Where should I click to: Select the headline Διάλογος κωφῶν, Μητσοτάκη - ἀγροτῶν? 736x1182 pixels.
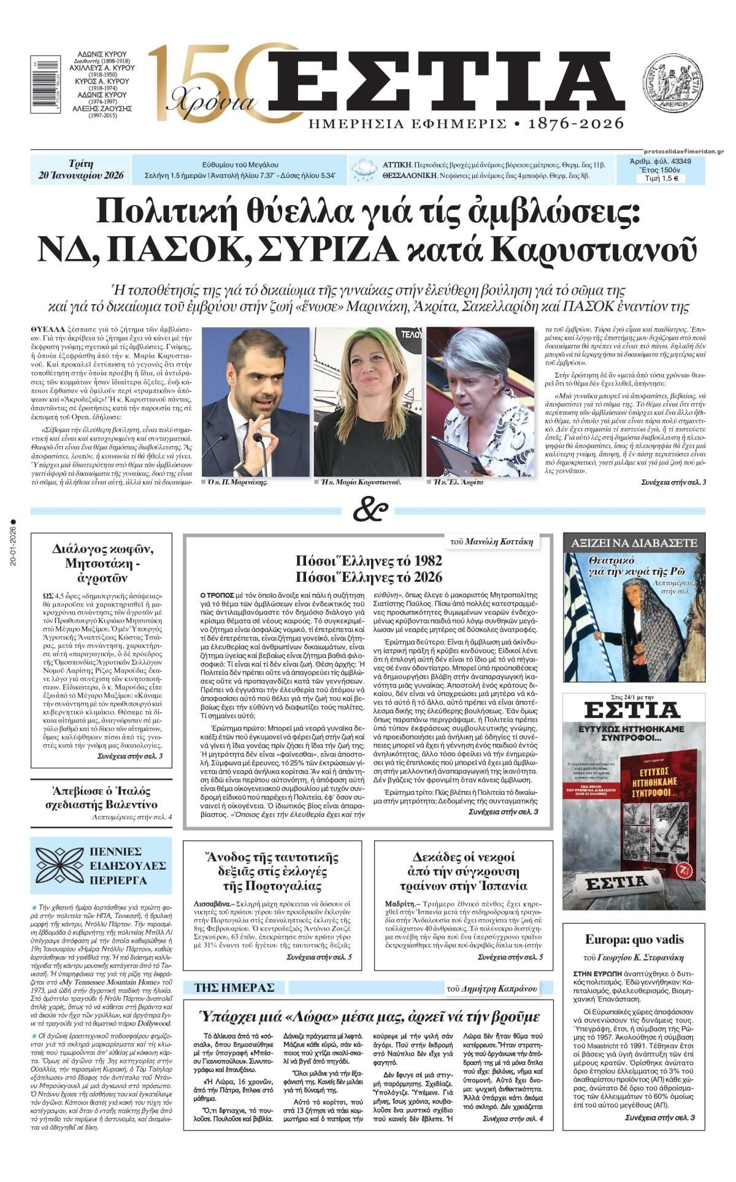pos(103,563)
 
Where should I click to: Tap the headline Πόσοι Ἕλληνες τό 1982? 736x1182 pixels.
pos(369,560)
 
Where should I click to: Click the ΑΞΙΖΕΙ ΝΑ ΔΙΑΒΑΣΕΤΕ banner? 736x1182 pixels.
pos(635,543)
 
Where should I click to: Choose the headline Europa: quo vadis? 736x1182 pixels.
pos(634,940)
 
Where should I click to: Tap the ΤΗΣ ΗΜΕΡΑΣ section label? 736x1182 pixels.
pos(234,987)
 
